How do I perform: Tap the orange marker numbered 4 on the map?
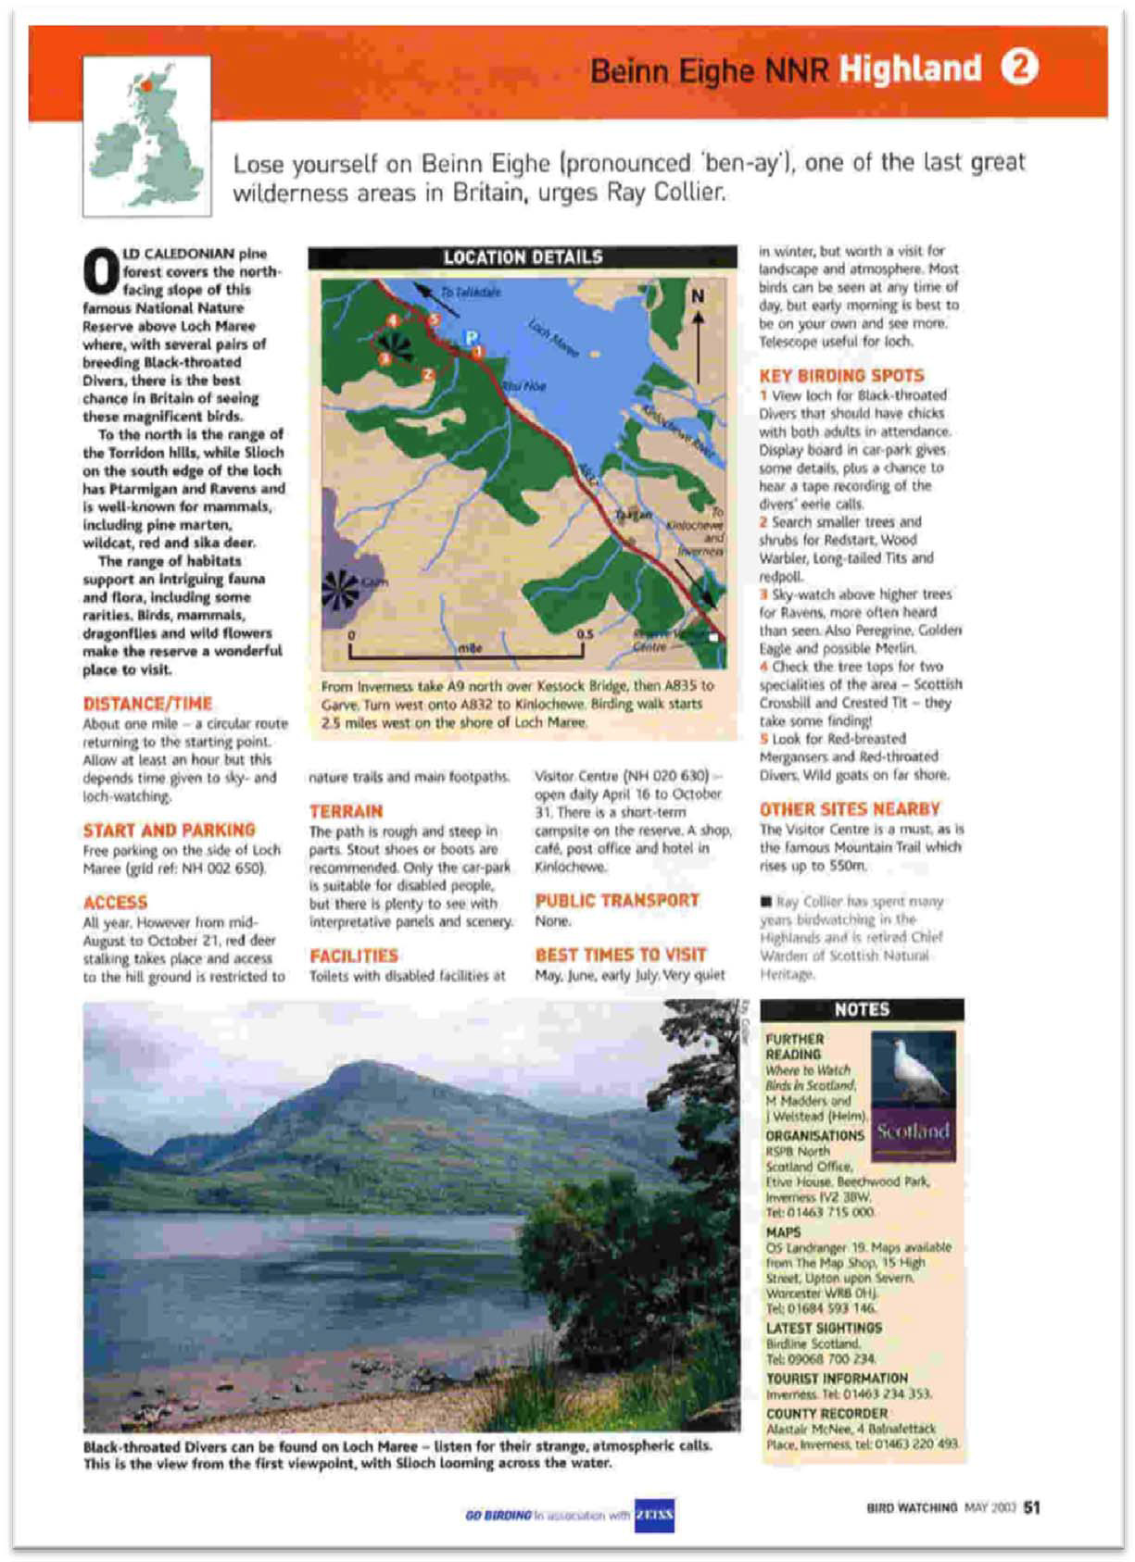(x=393, y=320)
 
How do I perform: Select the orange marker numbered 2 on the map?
(x=427, y=374)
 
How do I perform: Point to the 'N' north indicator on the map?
(x=697, y=296)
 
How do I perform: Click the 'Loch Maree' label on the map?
(x=554, y=338)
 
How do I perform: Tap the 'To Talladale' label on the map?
(x=470, y=292)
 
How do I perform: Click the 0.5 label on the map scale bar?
(x=585, y=634)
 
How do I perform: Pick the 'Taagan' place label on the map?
(x=634, y=515)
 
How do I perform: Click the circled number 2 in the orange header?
(x=1019, y=67)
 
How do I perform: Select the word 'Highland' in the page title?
(x=909, y=69)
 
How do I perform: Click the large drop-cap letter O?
(x=100, y=270)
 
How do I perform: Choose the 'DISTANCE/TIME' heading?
(x=147, y=704)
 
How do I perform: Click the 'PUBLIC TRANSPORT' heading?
(x=617, y=900)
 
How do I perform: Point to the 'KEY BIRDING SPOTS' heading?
(x=841, y=375)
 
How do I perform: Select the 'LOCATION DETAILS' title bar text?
(x=523, y=257)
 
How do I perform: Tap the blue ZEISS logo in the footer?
(x=654, y=1515)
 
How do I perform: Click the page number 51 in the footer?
(x=1031, y=1507)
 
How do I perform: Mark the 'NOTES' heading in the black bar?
(x=862, y=1009)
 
